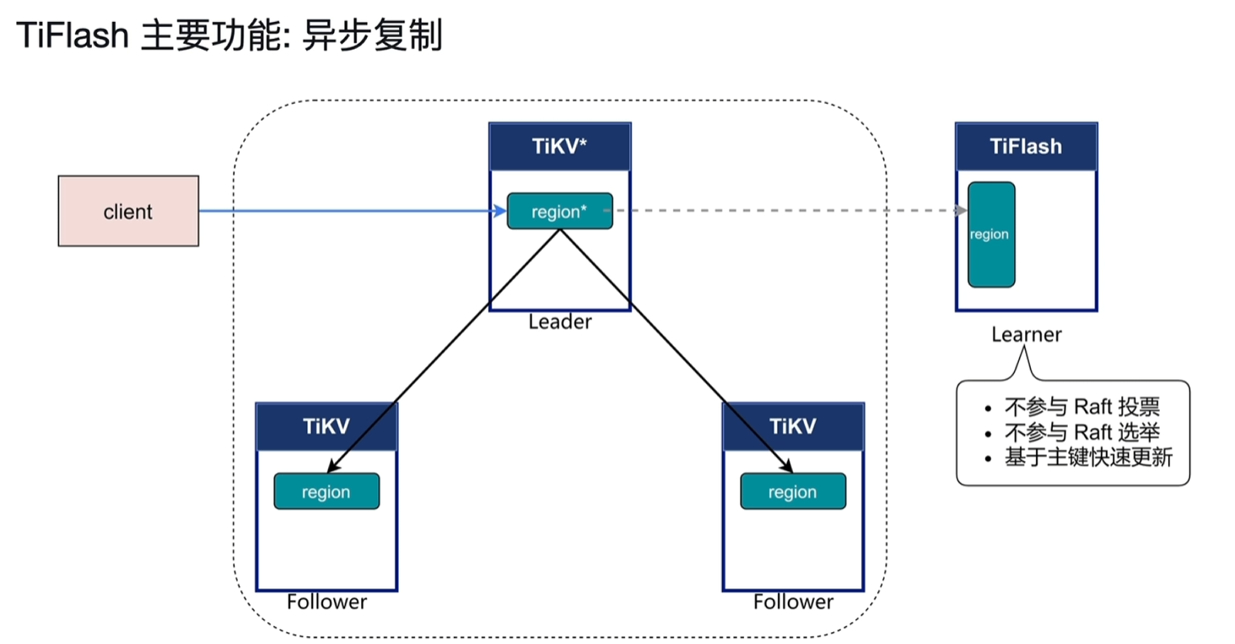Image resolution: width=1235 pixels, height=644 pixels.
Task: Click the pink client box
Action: coord(128,211)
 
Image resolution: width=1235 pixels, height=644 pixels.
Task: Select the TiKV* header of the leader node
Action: coord(559,145)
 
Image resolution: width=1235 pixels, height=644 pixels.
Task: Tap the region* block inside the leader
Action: coord(559,211)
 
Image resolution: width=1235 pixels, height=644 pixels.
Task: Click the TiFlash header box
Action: coord(1026,146)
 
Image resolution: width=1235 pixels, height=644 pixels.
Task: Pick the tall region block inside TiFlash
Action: coord(990,235)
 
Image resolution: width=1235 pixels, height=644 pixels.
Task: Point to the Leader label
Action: coord(560,322)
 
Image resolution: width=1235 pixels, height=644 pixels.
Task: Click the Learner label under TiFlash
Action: coord(1026,334)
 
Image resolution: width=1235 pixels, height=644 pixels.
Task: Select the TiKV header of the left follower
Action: coord(326,426)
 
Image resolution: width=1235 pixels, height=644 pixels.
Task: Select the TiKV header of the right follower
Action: coord(793,426)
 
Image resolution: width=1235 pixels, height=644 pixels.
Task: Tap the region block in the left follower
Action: coord(326,491)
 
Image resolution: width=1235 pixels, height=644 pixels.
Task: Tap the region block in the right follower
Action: coord(793,491)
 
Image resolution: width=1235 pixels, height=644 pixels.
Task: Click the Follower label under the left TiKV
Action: coord(326,602)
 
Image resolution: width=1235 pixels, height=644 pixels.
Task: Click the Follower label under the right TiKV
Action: coord(793,602)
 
